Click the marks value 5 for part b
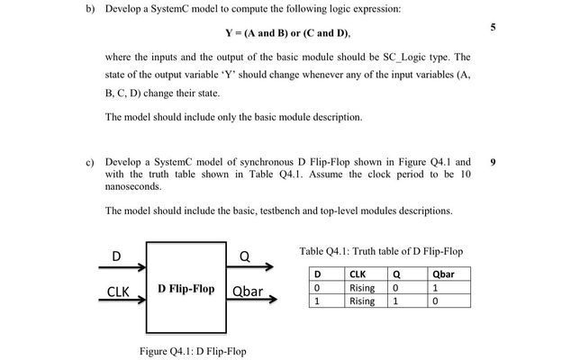(x=493, y=28)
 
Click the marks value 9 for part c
(x=493, y=162)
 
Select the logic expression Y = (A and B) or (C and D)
(x=286, y=33)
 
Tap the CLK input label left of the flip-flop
(x=119, y=292)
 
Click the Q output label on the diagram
(x=244, y=256)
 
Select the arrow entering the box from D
(x=121, y=267)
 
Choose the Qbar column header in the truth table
(x=442, y=274)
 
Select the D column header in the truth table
(x=316, y=274)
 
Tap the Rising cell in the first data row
(x=361, y=288)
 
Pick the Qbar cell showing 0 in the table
(x=435, y=301)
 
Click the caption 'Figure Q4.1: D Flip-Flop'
(x=193, y=351)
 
